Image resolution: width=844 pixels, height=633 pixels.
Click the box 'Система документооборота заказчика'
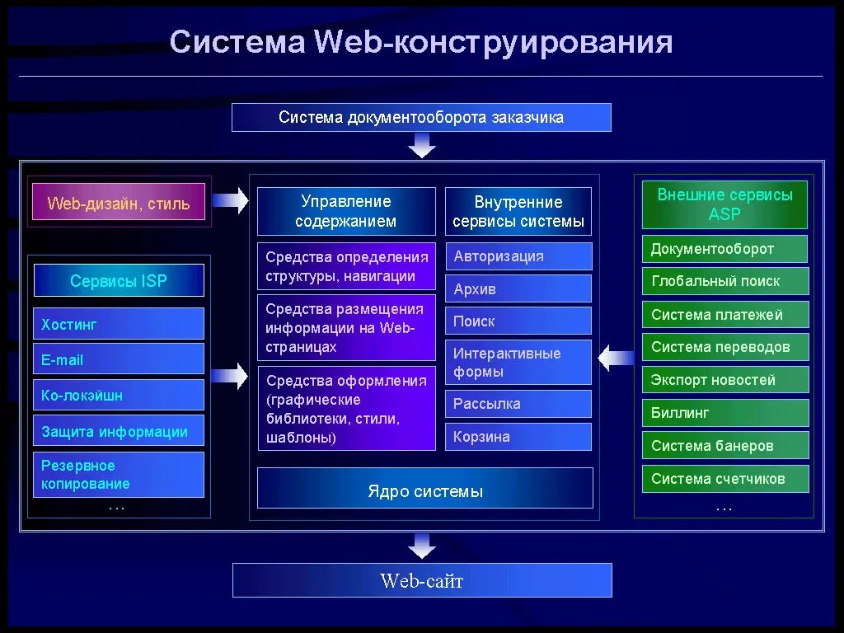tap(421, 117)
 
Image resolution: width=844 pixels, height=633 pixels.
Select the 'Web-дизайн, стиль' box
tap(119, 203)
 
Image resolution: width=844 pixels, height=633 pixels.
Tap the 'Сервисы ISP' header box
tap(119, 281)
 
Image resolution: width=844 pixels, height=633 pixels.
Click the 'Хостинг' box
tap(119, 324)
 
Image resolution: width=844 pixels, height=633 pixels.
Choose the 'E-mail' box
tap(119, 359)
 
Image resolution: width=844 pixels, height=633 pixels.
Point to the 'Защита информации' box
tap(119, 431)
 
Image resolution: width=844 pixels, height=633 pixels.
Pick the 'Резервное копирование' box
tap(119, 475)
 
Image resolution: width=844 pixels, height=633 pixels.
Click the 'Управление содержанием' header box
tap(346, 211)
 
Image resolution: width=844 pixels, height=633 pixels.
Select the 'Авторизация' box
tap(518, 256)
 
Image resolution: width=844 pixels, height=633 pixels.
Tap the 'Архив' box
tap(518, 289)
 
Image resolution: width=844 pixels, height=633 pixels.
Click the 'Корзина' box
tap(518, 437)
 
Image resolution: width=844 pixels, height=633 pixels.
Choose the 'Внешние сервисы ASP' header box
tap(724, 204)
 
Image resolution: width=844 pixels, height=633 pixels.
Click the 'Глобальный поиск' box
tap(724, 281)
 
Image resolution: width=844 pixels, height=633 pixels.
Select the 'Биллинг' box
tap(724, 413)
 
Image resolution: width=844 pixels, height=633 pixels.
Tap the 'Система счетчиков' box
tap(724, 479)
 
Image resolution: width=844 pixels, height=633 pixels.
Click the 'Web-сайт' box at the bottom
tap(422, 580)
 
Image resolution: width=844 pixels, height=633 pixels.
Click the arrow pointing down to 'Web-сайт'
tap(422, 544)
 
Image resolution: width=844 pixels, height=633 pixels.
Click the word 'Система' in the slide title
tap(237, 42)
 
